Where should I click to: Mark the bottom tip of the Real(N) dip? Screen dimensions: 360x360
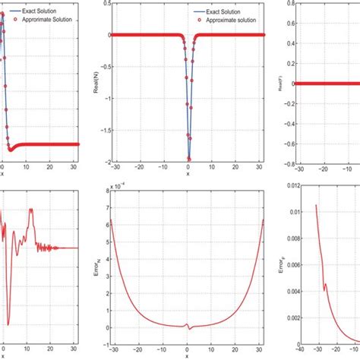[x=188, y=159]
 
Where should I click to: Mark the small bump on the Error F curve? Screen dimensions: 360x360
[x=325, y=286]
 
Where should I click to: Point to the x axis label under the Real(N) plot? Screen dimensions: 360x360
[x=188, y=174]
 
